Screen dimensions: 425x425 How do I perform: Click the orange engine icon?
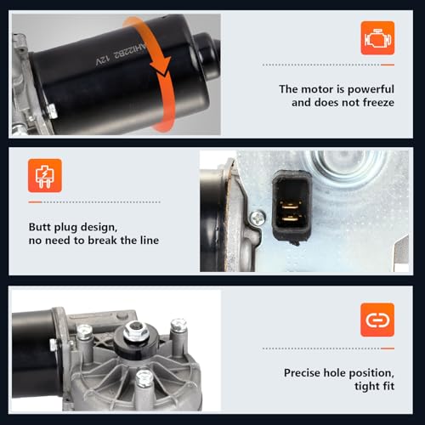[x=377, y=38]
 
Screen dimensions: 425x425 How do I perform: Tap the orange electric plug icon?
[x=45, y=176]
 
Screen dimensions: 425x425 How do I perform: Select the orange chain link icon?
[x=377, y=320]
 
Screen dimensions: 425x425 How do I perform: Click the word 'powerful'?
[x=371, y=89]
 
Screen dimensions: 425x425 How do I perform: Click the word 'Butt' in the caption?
[x=40, y=227]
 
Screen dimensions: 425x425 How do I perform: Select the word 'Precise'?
[x=302, y=373]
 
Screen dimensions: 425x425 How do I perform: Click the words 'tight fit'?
[x=374, y=386]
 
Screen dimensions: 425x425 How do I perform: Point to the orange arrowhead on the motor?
[x=161, y=67]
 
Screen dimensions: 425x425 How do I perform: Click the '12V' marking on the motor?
[x=102, y=59]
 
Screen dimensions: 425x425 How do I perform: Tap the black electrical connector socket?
[x=292, y=207]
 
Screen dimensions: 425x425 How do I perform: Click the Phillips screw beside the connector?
[x=258, y=218]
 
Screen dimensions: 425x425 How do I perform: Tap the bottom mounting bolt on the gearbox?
[x=144, y=378]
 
